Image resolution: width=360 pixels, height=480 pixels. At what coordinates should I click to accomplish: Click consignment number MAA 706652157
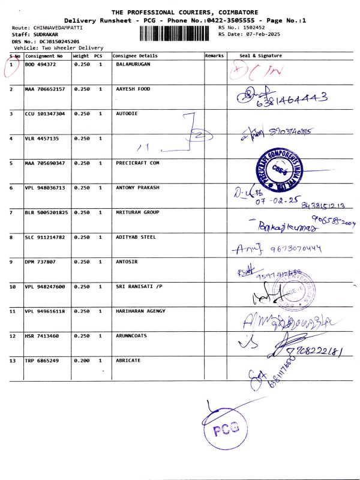[45, 89]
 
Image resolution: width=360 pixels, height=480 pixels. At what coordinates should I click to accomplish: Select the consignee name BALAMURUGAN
[133, 64]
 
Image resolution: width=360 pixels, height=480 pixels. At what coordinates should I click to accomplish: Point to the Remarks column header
[214, 56]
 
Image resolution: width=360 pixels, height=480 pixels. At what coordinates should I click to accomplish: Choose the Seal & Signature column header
[260, 56]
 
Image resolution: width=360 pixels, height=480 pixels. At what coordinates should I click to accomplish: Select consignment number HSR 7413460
[40, 336]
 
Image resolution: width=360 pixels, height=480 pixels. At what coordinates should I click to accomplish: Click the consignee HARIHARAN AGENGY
[140, 311]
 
